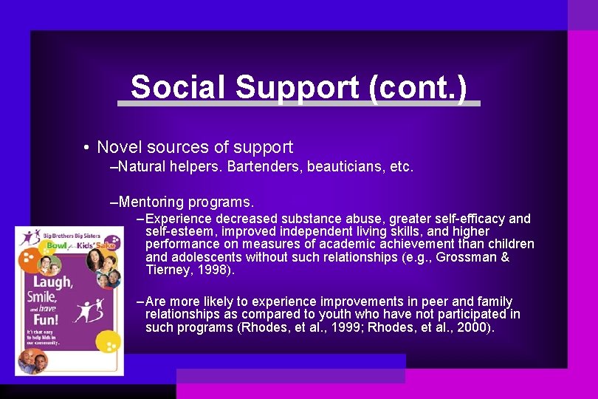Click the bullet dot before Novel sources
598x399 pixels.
(x=86, y=148)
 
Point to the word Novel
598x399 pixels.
(x=119, y=148)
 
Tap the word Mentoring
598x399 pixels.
(x=152, y=202)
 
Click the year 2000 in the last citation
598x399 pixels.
(x=473, y=327)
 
